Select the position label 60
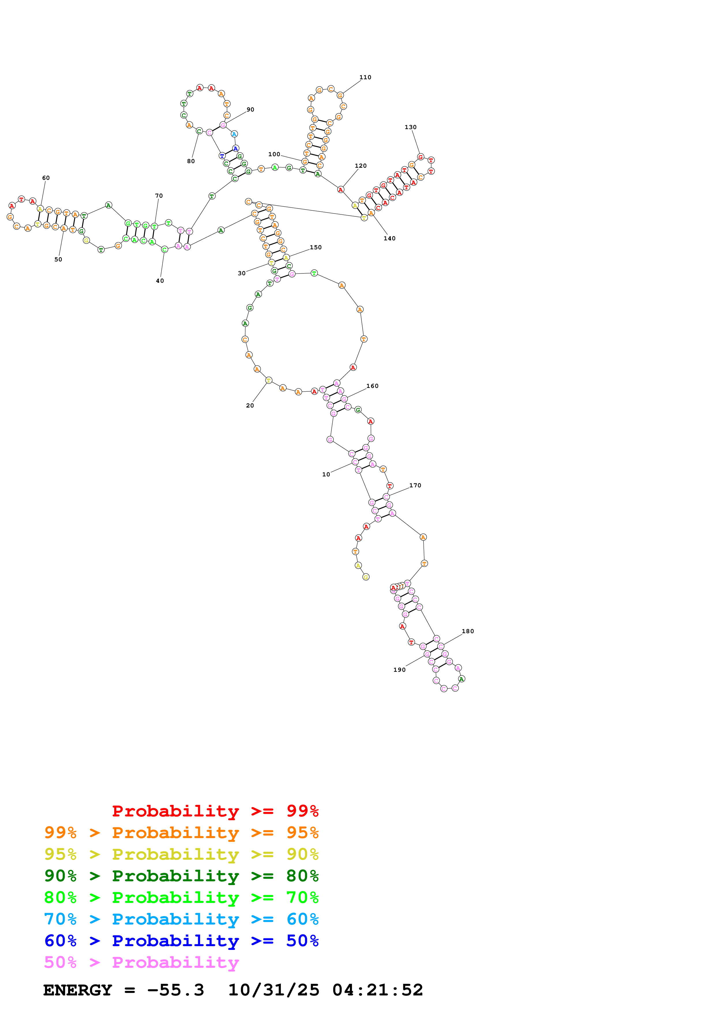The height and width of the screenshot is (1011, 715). [46, 178]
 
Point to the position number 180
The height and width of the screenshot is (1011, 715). [468, 631]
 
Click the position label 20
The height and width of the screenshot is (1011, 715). [250, 405]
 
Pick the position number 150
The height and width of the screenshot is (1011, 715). [316, 248]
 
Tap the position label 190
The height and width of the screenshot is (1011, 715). [399, 670]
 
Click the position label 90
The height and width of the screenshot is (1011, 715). [250, 110]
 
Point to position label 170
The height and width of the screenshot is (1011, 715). [415, 485]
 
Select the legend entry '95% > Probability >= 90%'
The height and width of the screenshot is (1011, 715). [181, 854]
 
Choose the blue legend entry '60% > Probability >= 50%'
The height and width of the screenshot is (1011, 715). [181, 941]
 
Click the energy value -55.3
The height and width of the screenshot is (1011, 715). [175, 990]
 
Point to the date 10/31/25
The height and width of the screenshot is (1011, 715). [274, 990]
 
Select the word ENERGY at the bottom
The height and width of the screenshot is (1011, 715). [78, 990]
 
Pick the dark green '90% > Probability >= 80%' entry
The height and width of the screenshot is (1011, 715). [181, 876]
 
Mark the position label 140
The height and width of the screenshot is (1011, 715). [389, 239]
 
